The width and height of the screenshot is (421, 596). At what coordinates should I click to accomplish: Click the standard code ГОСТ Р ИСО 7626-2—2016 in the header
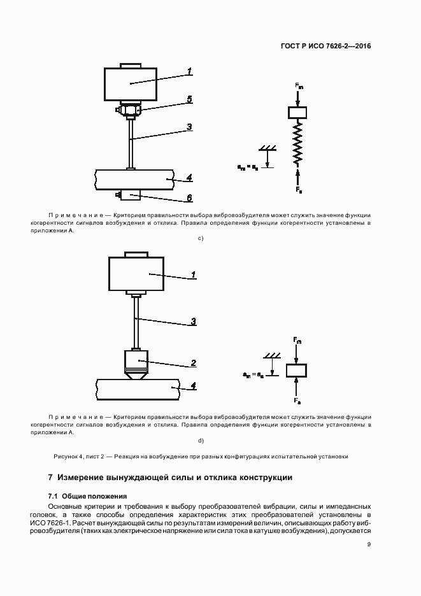(325, 46)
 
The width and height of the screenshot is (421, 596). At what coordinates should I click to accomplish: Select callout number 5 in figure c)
(189, 99)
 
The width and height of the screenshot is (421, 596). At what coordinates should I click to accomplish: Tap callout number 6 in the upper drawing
(189, 198)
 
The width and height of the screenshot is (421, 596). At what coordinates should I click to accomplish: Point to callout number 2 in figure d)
(192, 363)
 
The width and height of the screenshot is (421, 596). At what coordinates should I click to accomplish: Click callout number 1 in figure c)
(189, 71)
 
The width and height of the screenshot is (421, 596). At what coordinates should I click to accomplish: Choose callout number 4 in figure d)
(193, 385)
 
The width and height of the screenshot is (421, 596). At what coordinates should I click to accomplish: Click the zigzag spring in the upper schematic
(297, 143)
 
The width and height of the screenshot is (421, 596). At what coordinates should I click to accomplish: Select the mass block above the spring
(297, 113)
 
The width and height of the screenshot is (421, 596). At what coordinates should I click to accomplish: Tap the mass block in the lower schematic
(296, 370)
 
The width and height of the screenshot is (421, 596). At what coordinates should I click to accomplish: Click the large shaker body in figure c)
(131, 83)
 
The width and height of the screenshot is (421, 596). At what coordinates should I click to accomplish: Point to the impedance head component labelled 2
(135, 362)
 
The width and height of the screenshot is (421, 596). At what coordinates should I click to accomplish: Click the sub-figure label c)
(201, 239)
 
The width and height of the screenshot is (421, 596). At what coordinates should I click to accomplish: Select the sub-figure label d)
(201, 440)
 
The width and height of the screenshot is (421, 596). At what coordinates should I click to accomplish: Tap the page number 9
(369, 544)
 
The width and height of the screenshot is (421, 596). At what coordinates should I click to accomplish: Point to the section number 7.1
(54, 496)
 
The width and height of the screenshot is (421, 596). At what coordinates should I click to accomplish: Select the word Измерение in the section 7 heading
(84, 477)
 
